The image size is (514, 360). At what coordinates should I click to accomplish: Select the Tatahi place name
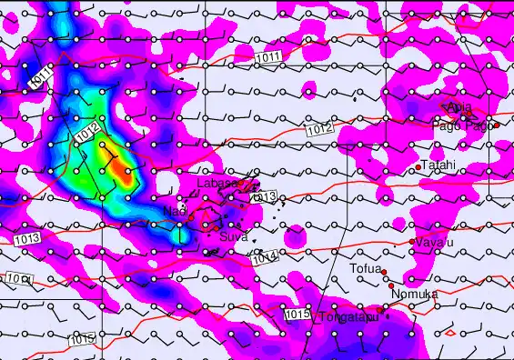coord(438,165)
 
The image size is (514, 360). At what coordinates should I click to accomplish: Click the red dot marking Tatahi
coord(418,167)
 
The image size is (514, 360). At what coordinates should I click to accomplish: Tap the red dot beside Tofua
coord(384,272)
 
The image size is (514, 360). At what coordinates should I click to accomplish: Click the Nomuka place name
coord(414,294)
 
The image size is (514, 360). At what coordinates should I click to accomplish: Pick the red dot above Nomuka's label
coord(391,285)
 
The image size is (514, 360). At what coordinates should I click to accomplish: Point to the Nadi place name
coord(174,211)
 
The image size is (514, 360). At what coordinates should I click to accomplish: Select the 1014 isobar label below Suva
coord(264,259)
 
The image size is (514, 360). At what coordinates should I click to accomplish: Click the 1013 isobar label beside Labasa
coord(264,196)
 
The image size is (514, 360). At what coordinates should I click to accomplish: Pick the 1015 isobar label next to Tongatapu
coord(297,315)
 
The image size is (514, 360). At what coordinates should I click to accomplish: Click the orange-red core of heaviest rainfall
coord(124,175)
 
